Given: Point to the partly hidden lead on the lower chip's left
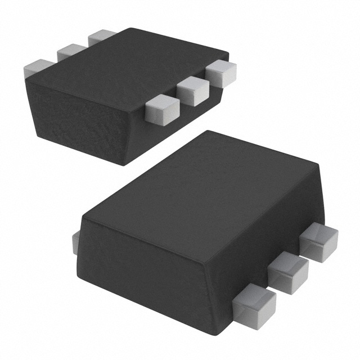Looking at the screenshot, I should [x=76, y=242].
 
